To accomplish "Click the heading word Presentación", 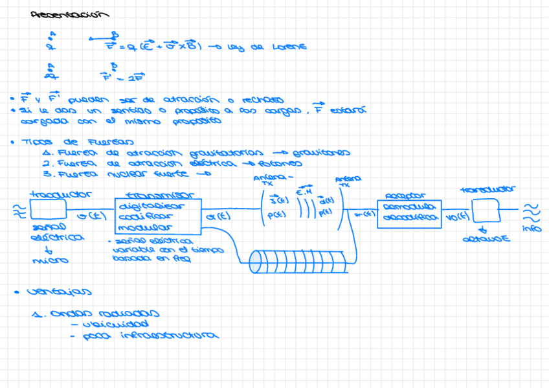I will coord(70,15).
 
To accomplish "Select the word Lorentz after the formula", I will coord(289,47).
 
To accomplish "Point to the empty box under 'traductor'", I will coord(49,209).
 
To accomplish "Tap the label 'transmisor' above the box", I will coord(157,195).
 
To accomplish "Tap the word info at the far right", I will coord(532,228).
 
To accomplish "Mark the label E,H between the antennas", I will coord(304,192).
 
